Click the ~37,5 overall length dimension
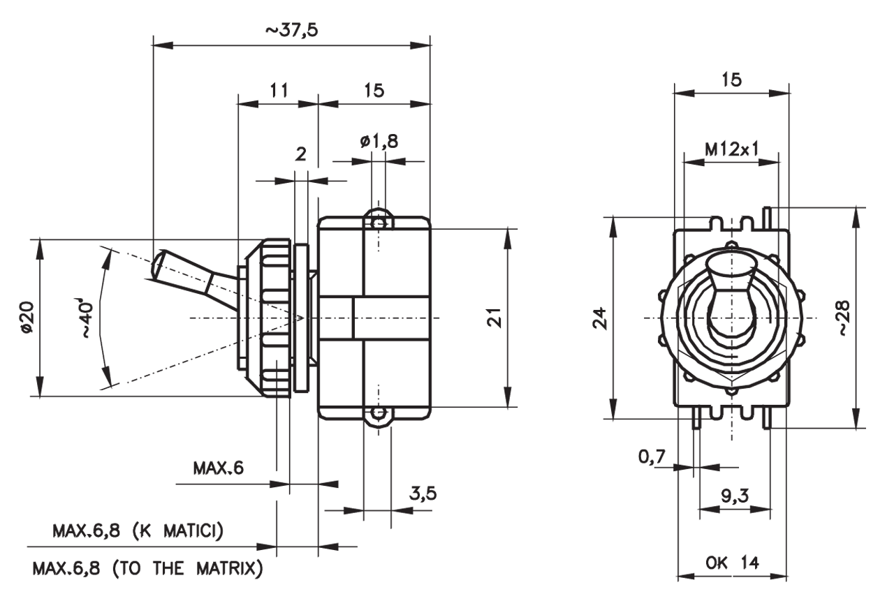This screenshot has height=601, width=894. coord(292,30)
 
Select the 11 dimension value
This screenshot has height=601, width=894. coord(279,91)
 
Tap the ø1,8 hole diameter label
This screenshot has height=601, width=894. coord(379,141)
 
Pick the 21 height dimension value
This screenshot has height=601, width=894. coord(495,318)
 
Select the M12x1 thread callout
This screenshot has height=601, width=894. coord(731,149)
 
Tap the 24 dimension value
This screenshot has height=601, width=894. coord(599,318)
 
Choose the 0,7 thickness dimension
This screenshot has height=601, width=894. coord(652,457)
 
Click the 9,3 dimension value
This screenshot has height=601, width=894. coord(735,496)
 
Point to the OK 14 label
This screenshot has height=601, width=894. coord(732,563)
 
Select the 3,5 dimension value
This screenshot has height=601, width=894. coord(423,494)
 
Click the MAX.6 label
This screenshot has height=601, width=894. coord(218,468)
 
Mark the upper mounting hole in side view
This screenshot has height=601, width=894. coord(379,223)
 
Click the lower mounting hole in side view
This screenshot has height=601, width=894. coord(379,413)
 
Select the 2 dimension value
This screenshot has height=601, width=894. coord(300,154)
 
